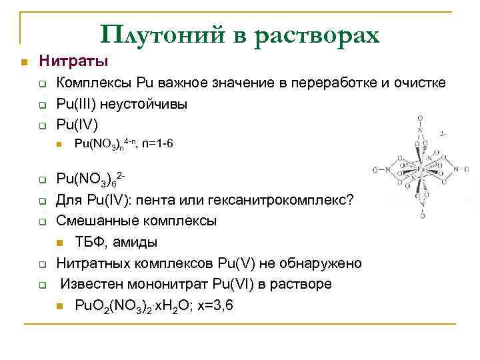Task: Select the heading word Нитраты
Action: click(73, 62)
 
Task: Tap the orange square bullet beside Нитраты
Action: click(23, 63)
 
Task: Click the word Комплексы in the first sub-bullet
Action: click(94, 83)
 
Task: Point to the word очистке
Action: click(421, 83)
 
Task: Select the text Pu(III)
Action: click(74, 104)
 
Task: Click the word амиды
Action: click(137, 242)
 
